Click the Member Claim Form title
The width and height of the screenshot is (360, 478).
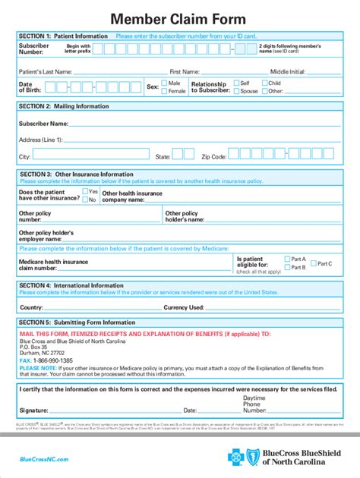179,18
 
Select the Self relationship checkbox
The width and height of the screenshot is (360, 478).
236,83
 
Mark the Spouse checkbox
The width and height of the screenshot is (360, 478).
236,91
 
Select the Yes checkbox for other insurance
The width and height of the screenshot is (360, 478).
85,192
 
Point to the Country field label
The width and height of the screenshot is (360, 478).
31,307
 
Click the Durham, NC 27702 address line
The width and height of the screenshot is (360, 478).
42,353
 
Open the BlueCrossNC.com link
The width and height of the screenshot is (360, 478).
43,460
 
